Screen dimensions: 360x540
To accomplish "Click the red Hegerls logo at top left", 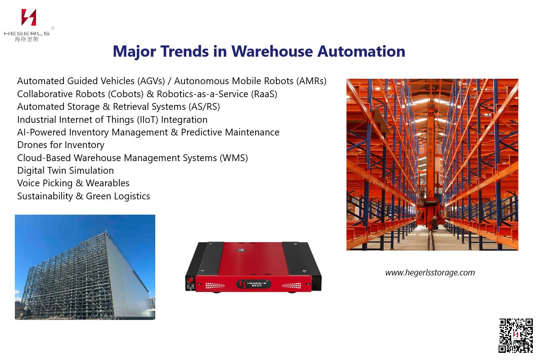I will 28,18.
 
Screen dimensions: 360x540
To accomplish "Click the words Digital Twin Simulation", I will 65,171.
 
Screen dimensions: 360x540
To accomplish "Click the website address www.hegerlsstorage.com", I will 430,272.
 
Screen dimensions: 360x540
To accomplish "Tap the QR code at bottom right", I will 515,335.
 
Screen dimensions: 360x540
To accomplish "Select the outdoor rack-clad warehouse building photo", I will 85,267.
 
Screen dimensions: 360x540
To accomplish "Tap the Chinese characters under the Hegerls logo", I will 27,39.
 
